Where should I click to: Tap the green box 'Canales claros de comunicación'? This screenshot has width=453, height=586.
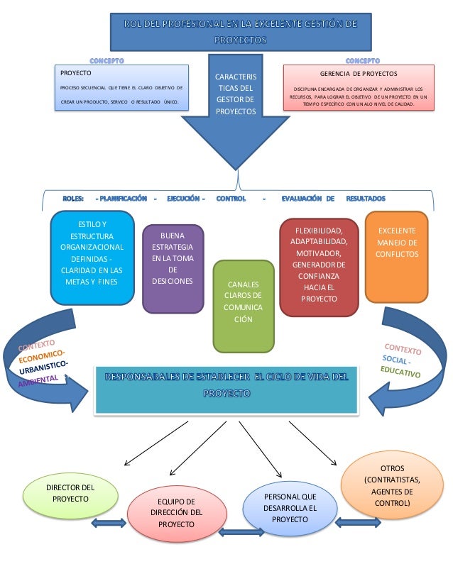click(x=243, y=306)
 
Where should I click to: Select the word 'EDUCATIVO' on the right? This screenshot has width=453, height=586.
click(x=400, y=372)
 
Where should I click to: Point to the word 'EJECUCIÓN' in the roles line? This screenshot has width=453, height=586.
click(x=186, y=198)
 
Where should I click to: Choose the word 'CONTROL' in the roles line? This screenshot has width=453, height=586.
click(x=231, y=198)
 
